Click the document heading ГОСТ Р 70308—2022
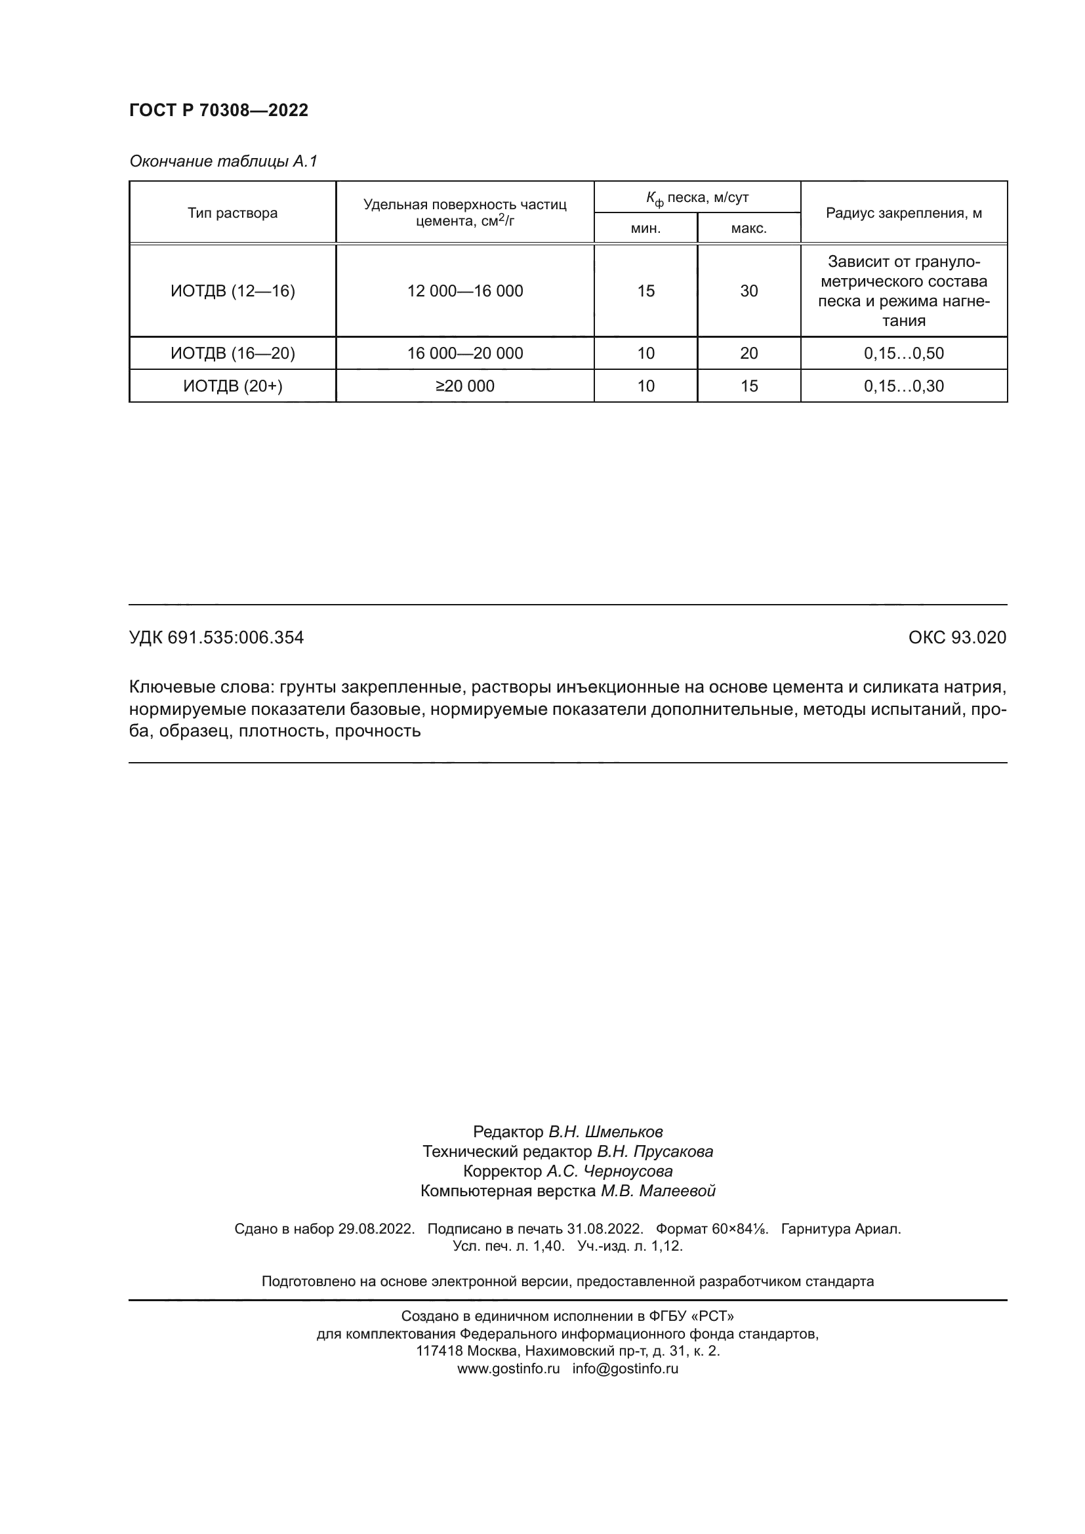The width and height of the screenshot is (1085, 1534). pyautogui.click(x=218, y=110)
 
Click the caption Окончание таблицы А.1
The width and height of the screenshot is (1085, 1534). pyautogui.click(x=223, y=161)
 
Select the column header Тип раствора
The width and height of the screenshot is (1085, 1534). pyautogui.click(x=232, y=213)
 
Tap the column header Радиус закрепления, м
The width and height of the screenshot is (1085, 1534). pyautogui.click(x=903, y=213)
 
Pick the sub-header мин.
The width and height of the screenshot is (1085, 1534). pyautogui.click(x=645, y=228)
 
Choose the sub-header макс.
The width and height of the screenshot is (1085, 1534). pyautogui.click(x=748, y=228)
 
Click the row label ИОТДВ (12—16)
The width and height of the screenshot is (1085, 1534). pyautogui.click(x=232, y=291)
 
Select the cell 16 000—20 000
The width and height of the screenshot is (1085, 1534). pyautogui.click(x=465, y=353)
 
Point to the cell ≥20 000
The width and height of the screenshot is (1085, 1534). pyautogui.click(x=465, y=386)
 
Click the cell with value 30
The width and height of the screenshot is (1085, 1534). pyautogui.click(x=748, y=291)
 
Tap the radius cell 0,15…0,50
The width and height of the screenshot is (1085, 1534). pyautogui.click(x=903, y=353)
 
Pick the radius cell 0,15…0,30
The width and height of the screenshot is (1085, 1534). pyautogui.click(x=903, y=386)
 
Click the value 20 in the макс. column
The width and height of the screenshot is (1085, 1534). pyautogui.click(x=748, y=353)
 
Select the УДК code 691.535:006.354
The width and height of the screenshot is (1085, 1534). pyautogui.click(x=235, y=637)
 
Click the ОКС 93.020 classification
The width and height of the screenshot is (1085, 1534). pyautogui.click(x=956, y=637)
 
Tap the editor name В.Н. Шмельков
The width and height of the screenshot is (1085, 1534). pyautogui.click(x=605, y=1131)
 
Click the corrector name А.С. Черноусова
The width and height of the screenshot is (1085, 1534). pyautogui.click(x=609, y=1171)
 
